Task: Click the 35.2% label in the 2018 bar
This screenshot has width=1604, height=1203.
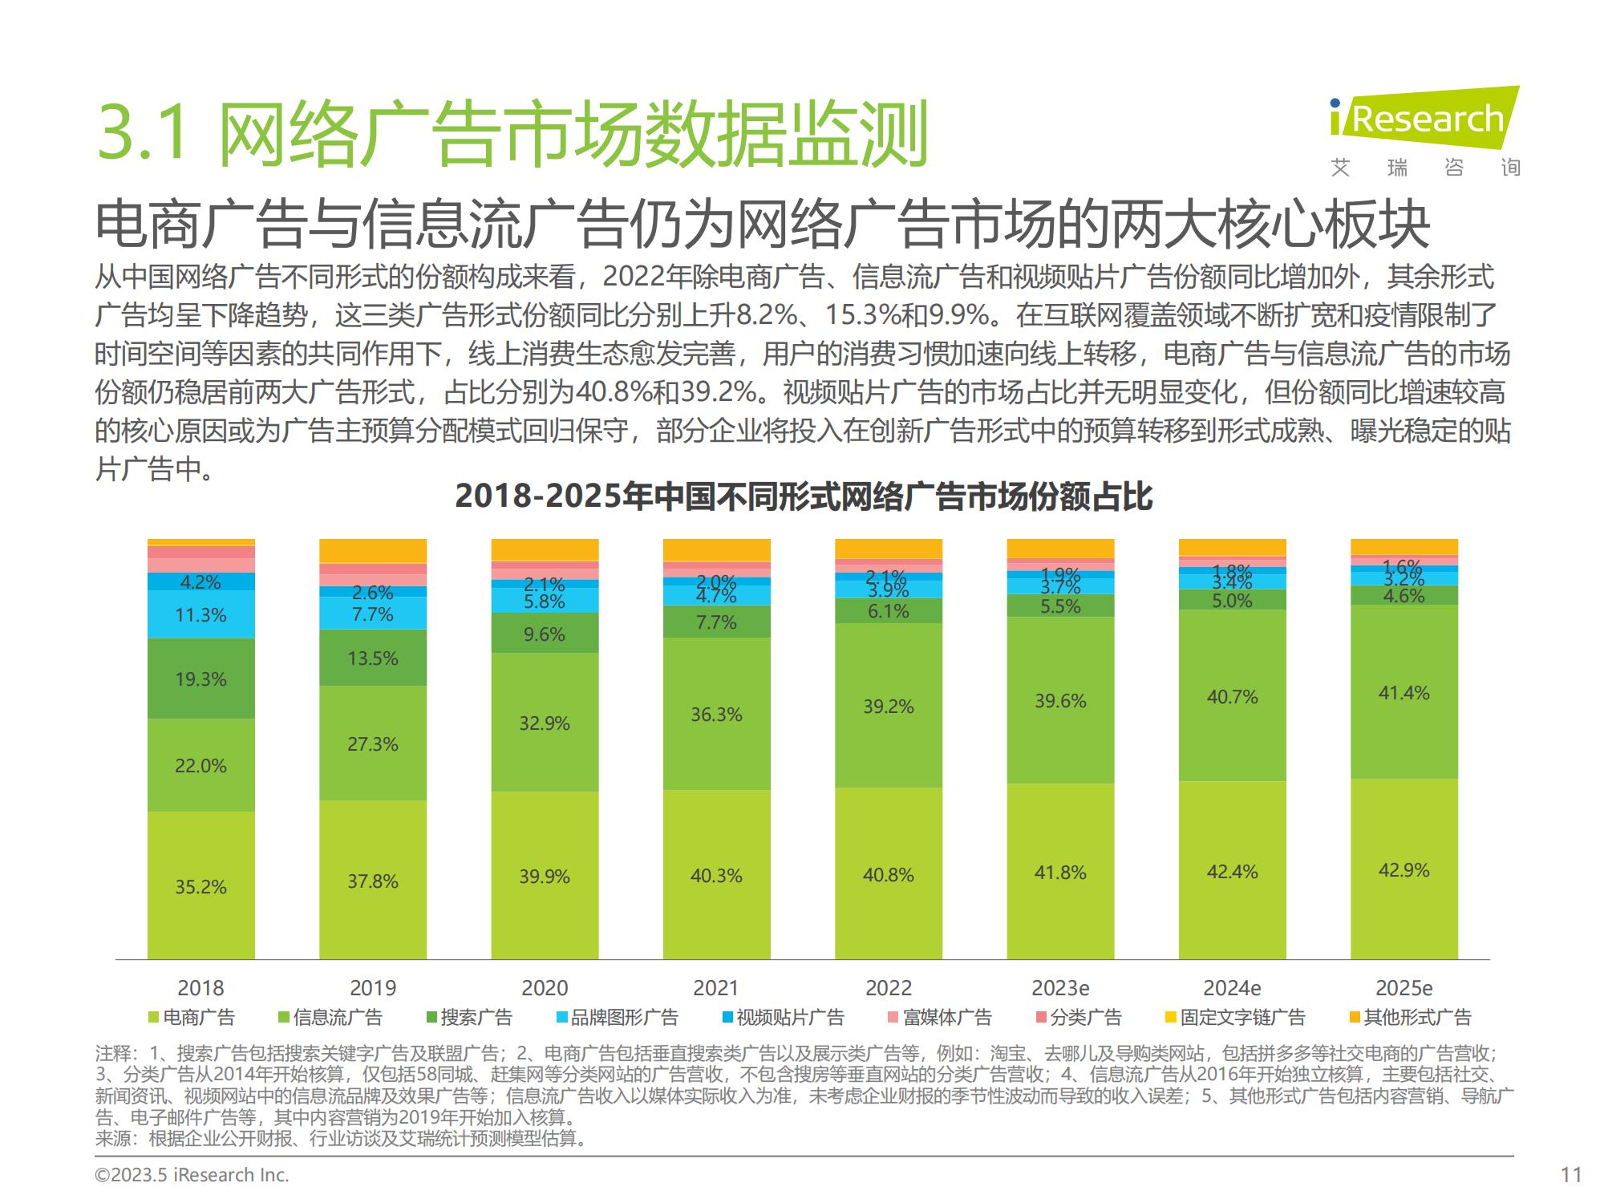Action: click(200, 887)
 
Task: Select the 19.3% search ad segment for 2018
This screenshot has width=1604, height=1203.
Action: click(200, 679)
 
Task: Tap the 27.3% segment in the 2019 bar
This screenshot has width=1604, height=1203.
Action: click(372, 744)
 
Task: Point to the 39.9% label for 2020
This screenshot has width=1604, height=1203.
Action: click(544, 877)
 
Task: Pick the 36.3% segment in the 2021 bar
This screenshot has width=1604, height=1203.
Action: click(716, 715)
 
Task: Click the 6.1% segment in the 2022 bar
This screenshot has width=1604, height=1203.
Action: click(888, 611)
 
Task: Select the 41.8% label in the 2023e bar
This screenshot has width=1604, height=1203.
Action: click(1060, 873)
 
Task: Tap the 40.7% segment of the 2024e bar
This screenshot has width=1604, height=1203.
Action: click(1232, 697)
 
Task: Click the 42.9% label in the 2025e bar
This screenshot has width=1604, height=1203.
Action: click(1403, 870)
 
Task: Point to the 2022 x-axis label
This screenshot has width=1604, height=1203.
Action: click(888, 988)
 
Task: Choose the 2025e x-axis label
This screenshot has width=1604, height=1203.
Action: click(1403, 988)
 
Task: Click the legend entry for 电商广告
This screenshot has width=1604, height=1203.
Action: click(192, 1018)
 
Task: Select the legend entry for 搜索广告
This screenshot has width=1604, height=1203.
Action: click(469, 1018)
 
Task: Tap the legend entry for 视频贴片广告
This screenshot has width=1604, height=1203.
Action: click(783, 1018)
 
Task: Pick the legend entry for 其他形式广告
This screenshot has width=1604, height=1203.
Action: click(1411, 1018)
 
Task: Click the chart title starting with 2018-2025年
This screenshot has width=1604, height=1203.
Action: click(803, 496)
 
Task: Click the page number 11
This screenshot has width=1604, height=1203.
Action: click(1571, 1175)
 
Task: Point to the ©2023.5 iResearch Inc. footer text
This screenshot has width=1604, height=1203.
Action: click(192, 1175)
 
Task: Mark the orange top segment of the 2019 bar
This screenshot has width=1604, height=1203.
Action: click(372, 551)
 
